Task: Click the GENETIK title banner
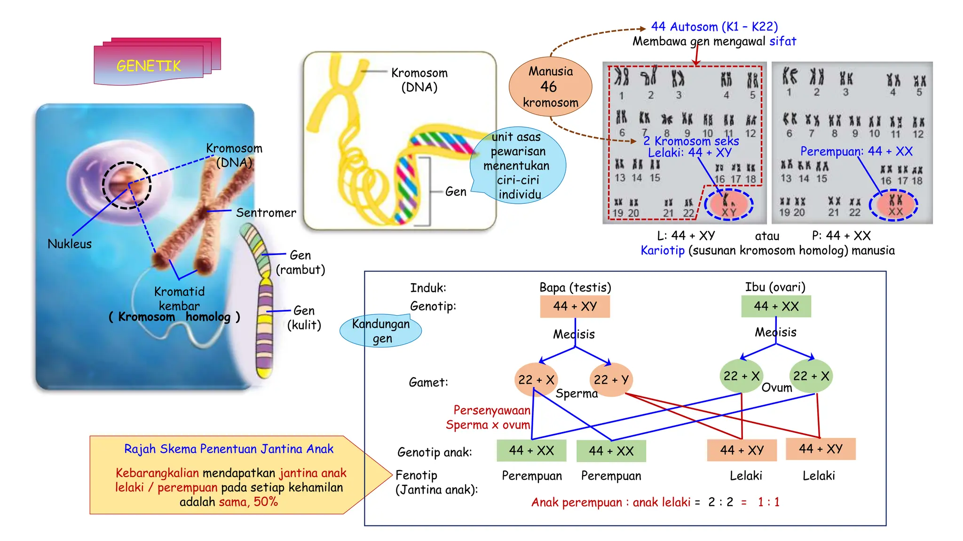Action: pos(149,65)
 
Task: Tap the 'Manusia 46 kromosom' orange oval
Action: pos(550,87)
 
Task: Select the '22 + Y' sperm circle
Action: pos(611,379)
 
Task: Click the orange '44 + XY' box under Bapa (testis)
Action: pos(575,306)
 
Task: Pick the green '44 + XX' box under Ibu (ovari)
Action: pos(776,306)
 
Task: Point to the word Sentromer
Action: pos(266,213)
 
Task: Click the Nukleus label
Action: pos(70,244)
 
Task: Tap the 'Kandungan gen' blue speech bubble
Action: pos(381,331)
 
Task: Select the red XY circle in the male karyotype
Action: pos(729,205)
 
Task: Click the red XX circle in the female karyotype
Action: pos(894,205)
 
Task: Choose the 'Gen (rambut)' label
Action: pos(300,262)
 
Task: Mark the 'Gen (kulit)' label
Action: pos(304,317)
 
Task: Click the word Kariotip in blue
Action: pos(663,250)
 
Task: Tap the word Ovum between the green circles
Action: pos(776,387)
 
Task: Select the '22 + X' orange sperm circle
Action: pos(536,379)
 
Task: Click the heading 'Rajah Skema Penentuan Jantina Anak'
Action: pos(229,449)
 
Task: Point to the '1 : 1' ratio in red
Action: pos(768,502)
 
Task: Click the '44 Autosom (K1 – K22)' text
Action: pos(714,27)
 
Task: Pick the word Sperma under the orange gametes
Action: pos(576,394)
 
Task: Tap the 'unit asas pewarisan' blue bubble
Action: pos(518,165)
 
